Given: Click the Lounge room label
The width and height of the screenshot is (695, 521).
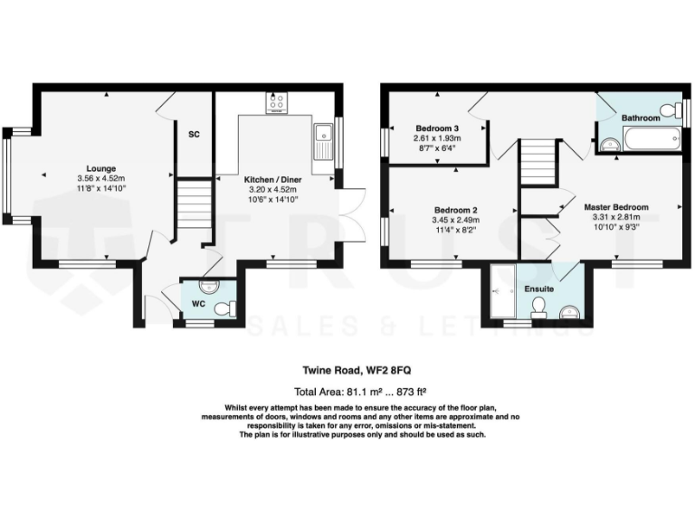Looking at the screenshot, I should point(101,168).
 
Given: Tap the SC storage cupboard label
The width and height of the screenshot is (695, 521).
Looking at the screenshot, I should point(194,135).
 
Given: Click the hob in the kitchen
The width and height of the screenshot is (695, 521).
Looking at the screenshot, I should point(277,103).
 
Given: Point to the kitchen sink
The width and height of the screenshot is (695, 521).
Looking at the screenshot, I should point(323,137).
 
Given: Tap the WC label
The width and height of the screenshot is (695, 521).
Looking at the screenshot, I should point(197,305).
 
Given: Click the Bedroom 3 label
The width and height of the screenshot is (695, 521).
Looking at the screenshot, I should point(437,128).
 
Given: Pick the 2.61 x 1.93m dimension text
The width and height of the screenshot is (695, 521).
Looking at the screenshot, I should point(437,138).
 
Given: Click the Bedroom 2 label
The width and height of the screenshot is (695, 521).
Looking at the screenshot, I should point(451,210).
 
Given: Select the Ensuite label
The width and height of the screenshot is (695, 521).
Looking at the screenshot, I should point(539,289).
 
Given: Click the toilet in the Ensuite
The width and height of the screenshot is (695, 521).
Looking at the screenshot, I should point(539,308).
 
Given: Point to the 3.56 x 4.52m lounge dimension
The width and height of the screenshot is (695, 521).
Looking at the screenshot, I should point(101,179).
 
